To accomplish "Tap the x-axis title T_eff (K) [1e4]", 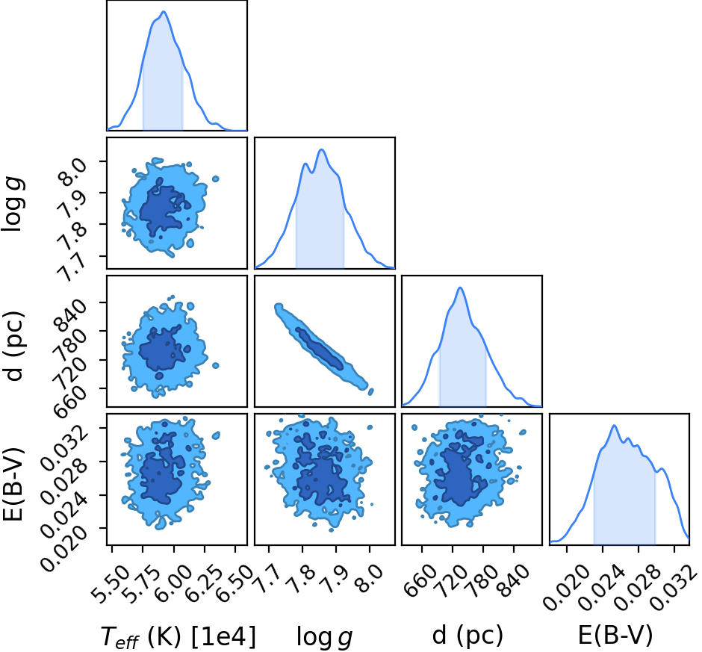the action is (x=178, y=636).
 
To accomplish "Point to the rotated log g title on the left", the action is (x=13, y=205).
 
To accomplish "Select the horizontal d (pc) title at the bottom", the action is (x=468, y=636).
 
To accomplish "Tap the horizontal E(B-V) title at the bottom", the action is (x=615, y=636).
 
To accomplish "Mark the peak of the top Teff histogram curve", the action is (x=164, y=12).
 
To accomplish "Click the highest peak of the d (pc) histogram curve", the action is (x=460, y=288).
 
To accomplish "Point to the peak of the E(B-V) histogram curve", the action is (x=614, y=426).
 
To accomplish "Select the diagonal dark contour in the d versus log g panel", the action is (x=319, y=348).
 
